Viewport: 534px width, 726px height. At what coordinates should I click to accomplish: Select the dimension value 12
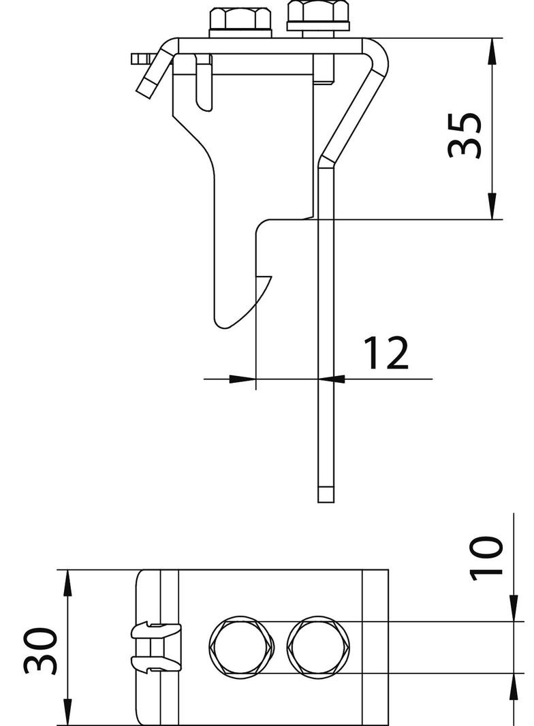pyautogui.click(x=385, y=353)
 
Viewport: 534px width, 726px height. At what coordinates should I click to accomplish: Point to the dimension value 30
pyautogui.click(x=40, y=651)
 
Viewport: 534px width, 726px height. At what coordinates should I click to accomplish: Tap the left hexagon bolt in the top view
pyautogui.click(x=240, y=648)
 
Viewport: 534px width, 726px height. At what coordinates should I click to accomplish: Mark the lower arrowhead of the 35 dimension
pyautogui.click(x=492, y=208)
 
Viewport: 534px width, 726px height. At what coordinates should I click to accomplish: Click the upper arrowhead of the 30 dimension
pyautogui.click(x=67, y=582)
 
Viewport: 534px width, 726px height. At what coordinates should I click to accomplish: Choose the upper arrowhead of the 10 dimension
pyautogui.click(x=512, y=610)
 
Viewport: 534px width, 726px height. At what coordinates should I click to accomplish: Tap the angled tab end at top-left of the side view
pyautogui.click(x=147, y=84)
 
